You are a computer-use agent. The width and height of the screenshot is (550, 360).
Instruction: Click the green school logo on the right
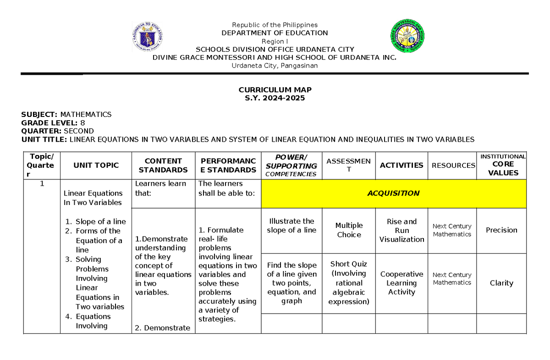click(x=406, y=36)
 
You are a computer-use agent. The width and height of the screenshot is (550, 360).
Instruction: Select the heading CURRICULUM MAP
click(x=275, y=90)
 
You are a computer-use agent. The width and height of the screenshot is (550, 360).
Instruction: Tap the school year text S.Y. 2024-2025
click(x=275, y=98)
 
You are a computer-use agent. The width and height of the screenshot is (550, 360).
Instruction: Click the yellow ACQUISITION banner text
click(x=393, y=193)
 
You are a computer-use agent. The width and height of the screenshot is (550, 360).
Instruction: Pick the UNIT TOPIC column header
click(x=96, y=165)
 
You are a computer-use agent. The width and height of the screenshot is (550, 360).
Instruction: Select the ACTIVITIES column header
click(x=401, y=165)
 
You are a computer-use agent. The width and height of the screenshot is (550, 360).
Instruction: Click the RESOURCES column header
click(x=453, y=165)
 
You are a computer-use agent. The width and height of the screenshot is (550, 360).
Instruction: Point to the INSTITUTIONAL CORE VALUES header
click(x=503, y=165)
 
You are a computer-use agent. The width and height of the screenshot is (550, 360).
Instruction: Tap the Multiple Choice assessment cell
click(x=349, y=230)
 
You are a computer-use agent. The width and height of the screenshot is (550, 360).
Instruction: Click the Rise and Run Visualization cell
click(x=401, y=230)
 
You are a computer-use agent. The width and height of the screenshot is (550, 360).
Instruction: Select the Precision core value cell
click(x=501, y=230)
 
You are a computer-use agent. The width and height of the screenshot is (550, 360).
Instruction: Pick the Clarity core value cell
click(x=501, y=283)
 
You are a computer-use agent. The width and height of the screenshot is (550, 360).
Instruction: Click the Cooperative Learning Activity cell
click(x=401, y=283)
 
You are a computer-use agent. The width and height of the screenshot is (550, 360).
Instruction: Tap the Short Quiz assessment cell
click(x=349, y=283)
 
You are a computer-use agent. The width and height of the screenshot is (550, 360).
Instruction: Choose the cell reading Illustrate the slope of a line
click(x=291, y=226)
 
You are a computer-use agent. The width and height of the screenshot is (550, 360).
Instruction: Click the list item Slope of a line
click(x=100, y=222)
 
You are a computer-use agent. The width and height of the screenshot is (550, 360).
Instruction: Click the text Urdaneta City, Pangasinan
click(x=275, y=66)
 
